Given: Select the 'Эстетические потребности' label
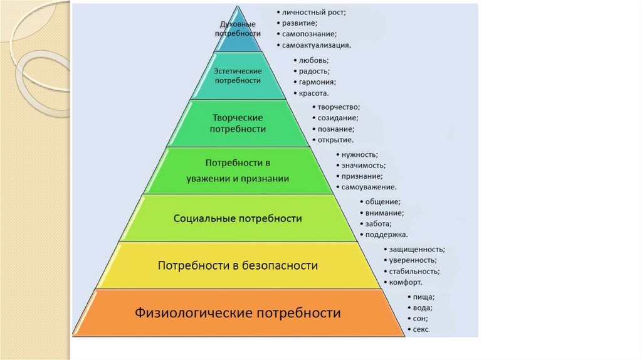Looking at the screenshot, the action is pos(238,76).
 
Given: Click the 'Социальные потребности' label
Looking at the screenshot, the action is pos(238,219).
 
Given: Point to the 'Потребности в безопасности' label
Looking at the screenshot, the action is pos(238,266).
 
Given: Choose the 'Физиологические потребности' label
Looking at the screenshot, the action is pos(238,312).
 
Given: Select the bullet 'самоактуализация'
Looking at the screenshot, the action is pos(316,45).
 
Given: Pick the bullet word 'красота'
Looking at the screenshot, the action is pos(313,93).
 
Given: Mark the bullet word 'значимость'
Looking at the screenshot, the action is pos(364,166).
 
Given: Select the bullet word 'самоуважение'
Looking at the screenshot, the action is pos(369,187).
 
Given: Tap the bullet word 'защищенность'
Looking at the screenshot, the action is pos(417,250).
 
